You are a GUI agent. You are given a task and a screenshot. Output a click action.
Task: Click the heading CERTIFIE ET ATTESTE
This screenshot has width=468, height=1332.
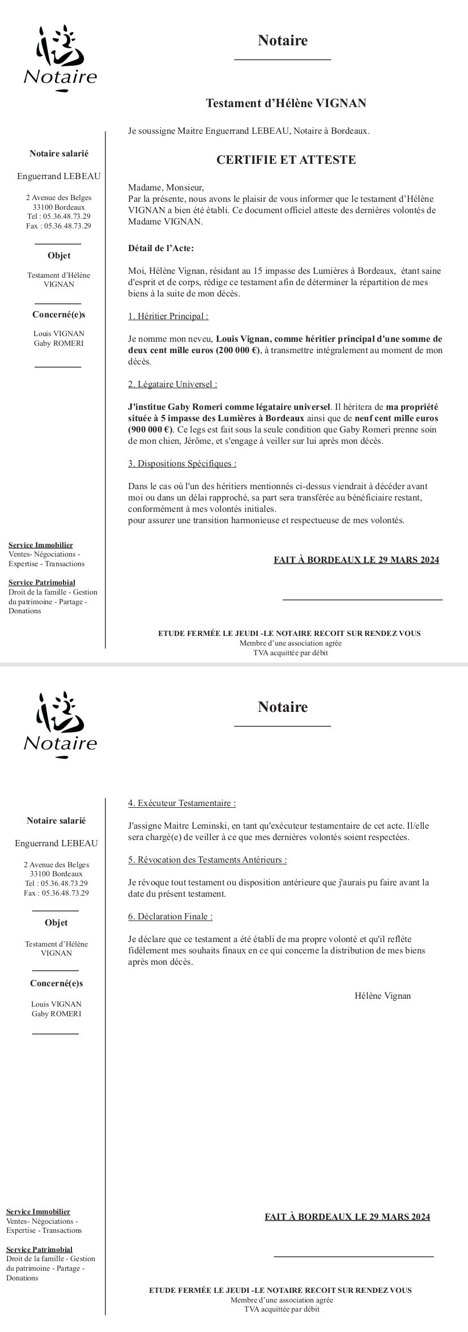[286, 160]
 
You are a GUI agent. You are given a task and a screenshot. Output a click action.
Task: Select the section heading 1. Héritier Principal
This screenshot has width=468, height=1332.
[168, 316]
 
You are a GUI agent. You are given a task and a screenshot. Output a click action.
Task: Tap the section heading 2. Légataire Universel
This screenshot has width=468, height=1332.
[172, 384]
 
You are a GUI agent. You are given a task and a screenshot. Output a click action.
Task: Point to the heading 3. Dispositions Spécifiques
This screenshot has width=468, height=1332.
[182, 464]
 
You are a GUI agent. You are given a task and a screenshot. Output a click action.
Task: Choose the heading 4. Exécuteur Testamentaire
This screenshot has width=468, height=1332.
[182, 803]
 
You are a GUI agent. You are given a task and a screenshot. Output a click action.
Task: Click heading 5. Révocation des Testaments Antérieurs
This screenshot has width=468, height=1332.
[207, 860]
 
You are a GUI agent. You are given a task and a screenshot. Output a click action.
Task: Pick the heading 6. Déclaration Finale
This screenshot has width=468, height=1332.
[170, 917]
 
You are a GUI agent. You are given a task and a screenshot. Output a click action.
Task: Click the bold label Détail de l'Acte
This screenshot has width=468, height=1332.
[161, 248]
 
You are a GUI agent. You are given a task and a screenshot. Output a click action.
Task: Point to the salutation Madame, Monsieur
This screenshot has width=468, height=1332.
[165, 188]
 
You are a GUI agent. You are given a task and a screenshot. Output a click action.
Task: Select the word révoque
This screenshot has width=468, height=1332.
[151, 883]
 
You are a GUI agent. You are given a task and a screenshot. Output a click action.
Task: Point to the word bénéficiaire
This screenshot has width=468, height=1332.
[372, 498]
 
